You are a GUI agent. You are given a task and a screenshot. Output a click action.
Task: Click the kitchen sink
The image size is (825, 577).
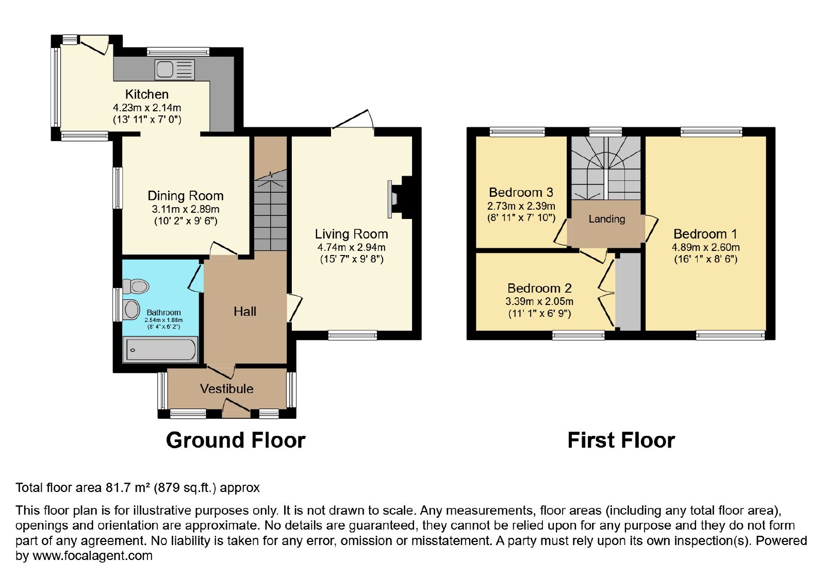pos(175,70)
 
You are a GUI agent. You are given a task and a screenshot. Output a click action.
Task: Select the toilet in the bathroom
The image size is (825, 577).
pos(136,286)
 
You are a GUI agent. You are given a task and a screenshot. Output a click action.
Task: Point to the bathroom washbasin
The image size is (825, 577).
pos(131,309)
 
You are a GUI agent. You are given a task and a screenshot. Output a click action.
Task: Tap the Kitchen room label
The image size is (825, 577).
pos(147,94)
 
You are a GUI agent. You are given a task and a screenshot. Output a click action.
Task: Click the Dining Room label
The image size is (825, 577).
pos(186,196)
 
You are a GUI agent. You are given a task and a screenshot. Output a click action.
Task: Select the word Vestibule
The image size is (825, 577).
pos(227,388)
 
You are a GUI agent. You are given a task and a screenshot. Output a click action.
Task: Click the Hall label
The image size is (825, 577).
pos(245,312)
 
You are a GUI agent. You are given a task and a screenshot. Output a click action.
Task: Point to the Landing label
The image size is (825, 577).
pos(607,219)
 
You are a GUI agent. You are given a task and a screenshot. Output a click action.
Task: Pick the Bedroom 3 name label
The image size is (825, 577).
pos(521,192)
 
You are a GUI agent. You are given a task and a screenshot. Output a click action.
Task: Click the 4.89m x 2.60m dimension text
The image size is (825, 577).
pos(706,247)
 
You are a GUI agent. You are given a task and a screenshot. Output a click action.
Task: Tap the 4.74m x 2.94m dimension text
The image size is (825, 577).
pos(351,247)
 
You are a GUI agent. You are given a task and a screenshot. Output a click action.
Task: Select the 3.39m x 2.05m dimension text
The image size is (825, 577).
pos(539,301)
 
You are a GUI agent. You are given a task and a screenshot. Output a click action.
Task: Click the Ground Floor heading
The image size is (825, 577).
pos(236,440)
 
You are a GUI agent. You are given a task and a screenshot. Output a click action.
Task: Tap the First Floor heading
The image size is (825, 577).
pos(621,440)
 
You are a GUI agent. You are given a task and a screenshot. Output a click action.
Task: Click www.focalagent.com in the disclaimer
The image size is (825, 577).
pos(92,555)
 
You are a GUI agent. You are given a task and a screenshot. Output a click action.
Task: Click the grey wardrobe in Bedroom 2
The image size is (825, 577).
pos(629,292)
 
